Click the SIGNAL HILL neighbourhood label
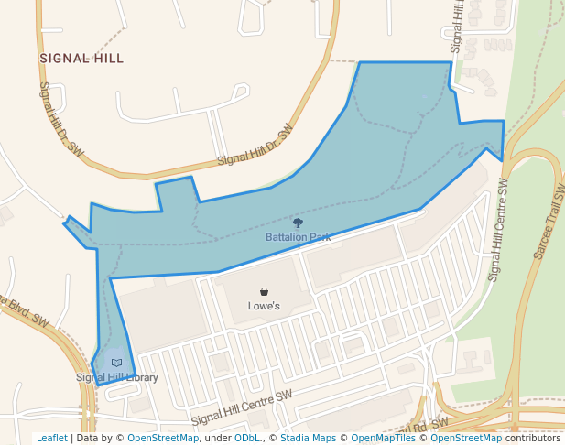point(81,58)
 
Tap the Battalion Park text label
point(298,237)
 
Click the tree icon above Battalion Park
point(298,222)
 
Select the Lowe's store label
point(264,306)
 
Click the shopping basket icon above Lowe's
point(264,291)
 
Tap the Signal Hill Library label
point(117,377)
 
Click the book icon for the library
point(116,363)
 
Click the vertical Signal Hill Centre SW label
point(498,229)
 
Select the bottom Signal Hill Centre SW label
point(241,407)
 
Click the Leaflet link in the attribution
point(52,438)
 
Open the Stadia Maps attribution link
point(312,438)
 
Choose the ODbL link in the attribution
point(247,438)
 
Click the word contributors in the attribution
point(533,438)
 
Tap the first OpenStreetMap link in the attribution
point(163,438)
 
